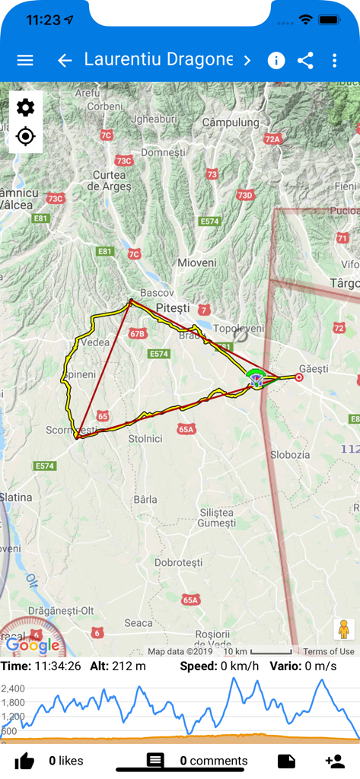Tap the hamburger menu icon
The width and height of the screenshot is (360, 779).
25,60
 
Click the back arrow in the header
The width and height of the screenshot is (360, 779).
65,60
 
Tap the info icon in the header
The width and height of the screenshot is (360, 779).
276,61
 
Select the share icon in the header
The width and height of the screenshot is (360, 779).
306,61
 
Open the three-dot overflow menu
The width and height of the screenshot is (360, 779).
335,61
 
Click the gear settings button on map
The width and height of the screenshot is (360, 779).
25,107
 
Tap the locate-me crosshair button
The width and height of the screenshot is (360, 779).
25,137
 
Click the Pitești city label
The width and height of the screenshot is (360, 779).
171,308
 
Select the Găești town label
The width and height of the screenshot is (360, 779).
314,368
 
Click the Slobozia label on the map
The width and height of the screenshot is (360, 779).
290,454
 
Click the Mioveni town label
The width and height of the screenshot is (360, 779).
196,262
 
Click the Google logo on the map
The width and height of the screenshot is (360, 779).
33,646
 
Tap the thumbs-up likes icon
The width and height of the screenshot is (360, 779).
24,761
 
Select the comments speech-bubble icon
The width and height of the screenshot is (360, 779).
155,761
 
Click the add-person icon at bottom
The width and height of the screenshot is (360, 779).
335,761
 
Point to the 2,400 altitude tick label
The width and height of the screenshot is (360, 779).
13,688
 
